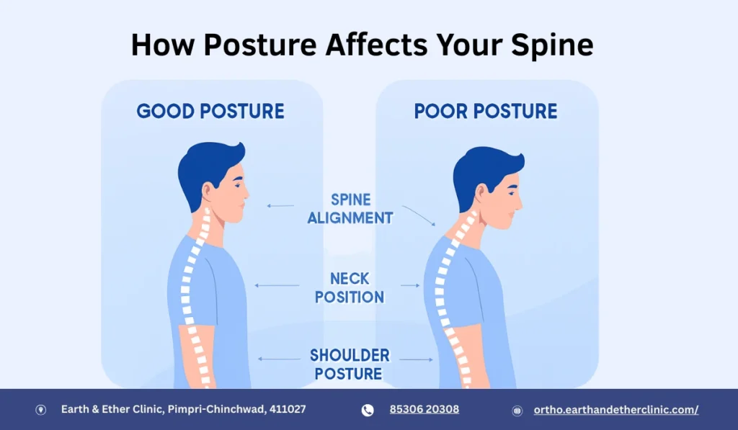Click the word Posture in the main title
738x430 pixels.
(259, 45)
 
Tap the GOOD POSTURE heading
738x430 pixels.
(210, 112)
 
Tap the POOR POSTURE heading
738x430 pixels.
(486, 112)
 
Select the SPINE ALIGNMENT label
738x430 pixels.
(350, 208)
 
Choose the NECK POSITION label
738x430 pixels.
(350, 287)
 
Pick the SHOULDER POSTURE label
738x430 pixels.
(350, 364)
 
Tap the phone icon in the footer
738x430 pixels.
(368, 410)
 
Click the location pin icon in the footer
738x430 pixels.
(41, 410)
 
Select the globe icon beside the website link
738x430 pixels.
(517, 411)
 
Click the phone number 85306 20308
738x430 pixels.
(424, 409)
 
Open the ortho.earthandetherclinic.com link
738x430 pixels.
(616, 409)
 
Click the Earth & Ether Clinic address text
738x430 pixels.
(183, 409)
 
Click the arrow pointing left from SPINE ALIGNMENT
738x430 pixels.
(280, 206)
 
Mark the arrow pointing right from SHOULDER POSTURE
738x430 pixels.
(417, 359)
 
